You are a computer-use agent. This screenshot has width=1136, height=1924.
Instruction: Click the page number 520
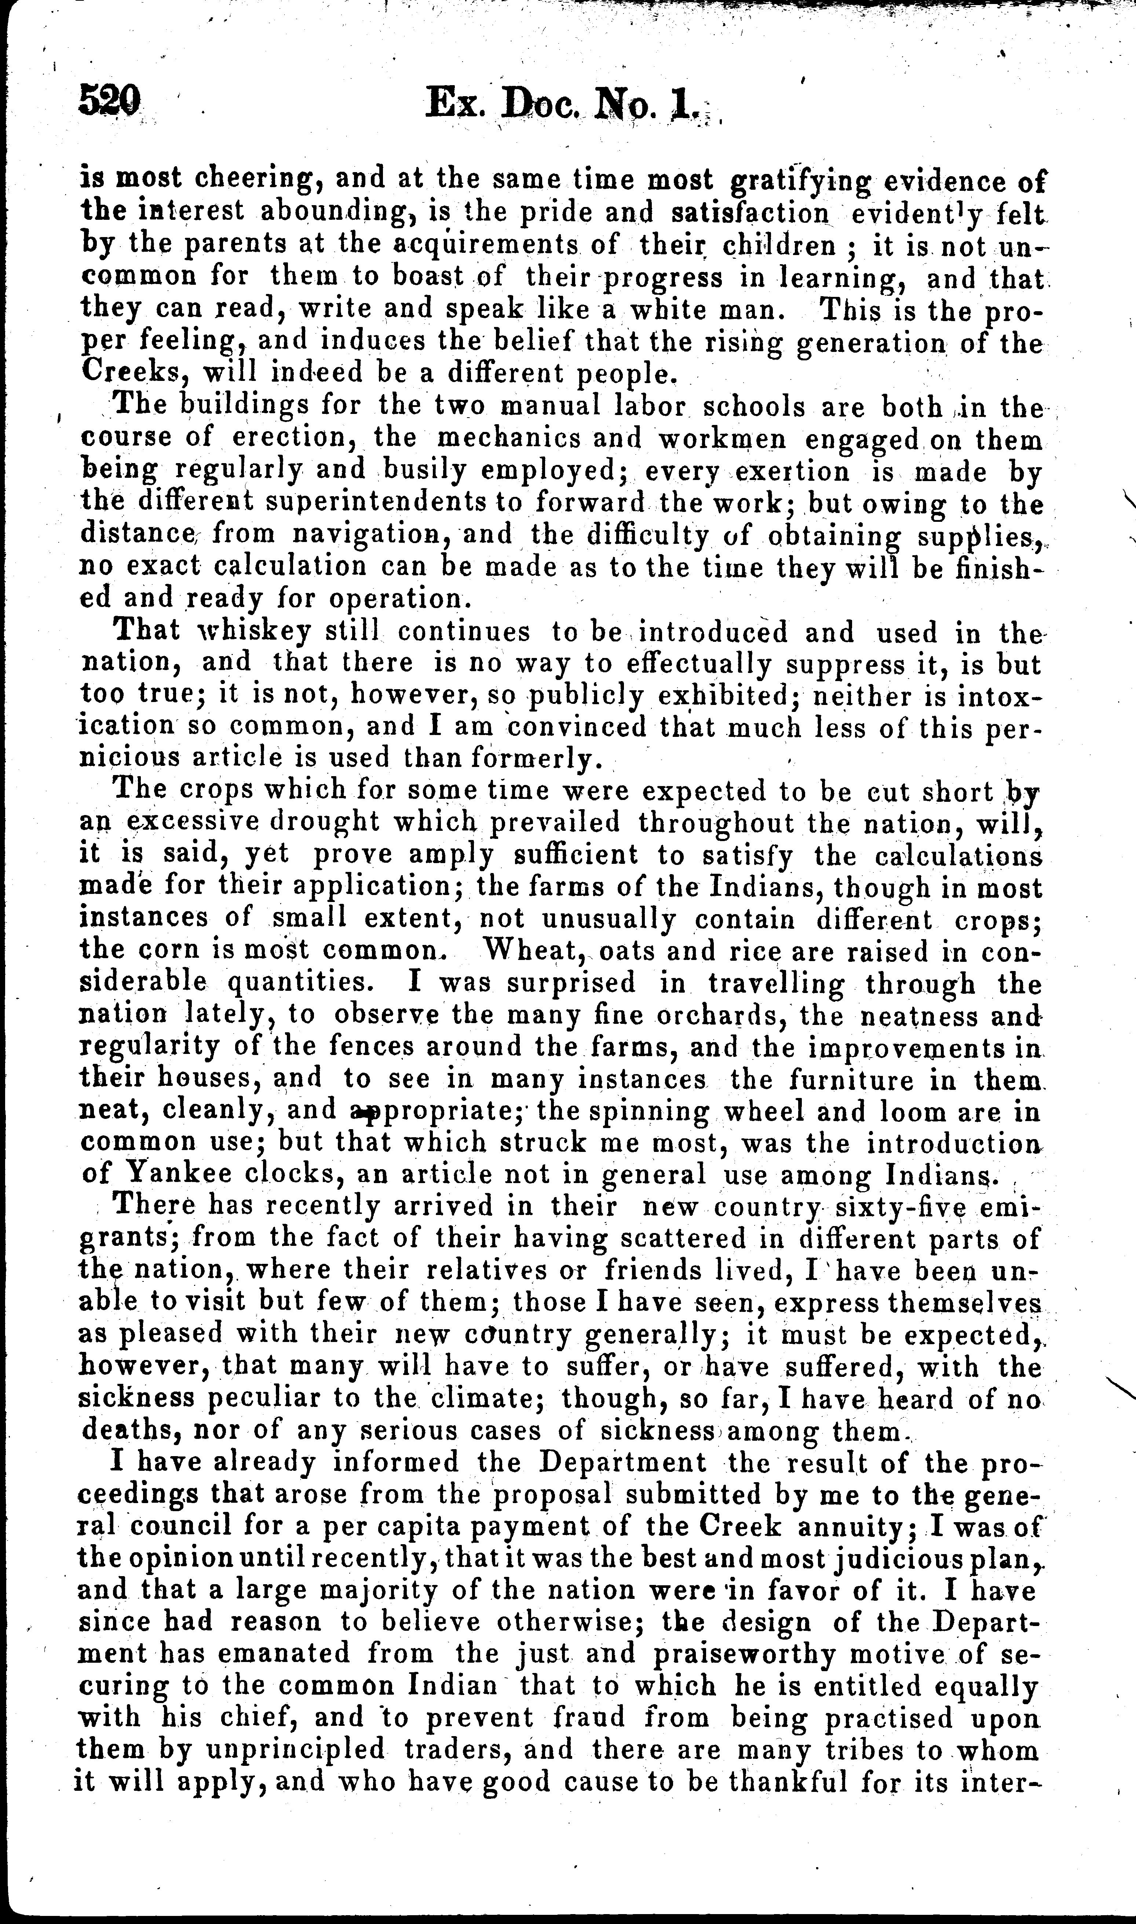coord(109,100)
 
